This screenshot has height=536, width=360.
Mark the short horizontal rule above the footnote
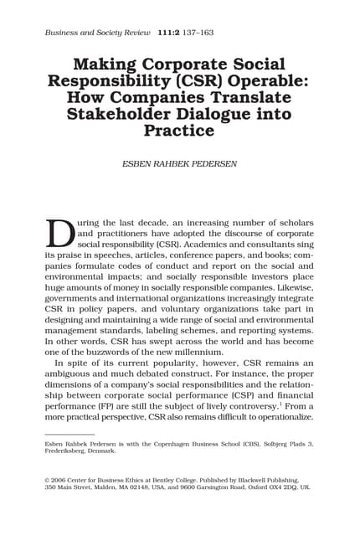tap(69, 434)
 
